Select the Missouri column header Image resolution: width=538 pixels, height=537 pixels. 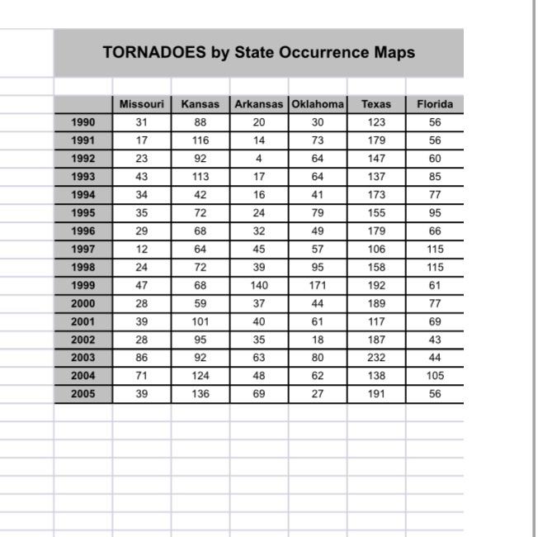(142, 104)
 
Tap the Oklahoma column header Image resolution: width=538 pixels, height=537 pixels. (318, 104)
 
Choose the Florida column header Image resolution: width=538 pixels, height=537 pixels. (435, 104)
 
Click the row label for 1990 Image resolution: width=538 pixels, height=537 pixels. (83, 122)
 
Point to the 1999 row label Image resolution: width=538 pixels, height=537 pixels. (83, 285)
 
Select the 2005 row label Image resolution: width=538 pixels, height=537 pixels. (83, 394)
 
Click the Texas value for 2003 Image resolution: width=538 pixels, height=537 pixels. (376, 358)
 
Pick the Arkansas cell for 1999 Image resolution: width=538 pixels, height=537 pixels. (259, 285)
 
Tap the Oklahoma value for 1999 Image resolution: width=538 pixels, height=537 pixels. (318, 285)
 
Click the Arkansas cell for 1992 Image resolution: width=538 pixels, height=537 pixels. (259, 159)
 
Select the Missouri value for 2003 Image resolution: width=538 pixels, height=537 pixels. (142, 358)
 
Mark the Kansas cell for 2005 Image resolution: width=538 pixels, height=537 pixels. (201, 394)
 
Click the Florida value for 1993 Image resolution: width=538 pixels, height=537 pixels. (435, 177)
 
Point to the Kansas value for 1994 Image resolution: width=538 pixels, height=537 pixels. (201, 195)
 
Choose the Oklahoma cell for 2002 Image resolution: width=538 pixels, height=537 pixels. (318, 340)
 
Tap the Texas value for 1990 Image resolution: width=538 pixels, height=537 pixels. (376, 122)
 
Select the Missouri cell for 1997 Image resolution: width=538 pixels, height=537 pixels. (142, 249)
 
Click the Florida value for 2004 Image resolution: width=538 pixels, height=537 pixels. (435, 376)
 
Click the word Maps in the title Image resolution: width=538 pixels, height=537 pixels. (393, 53)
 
